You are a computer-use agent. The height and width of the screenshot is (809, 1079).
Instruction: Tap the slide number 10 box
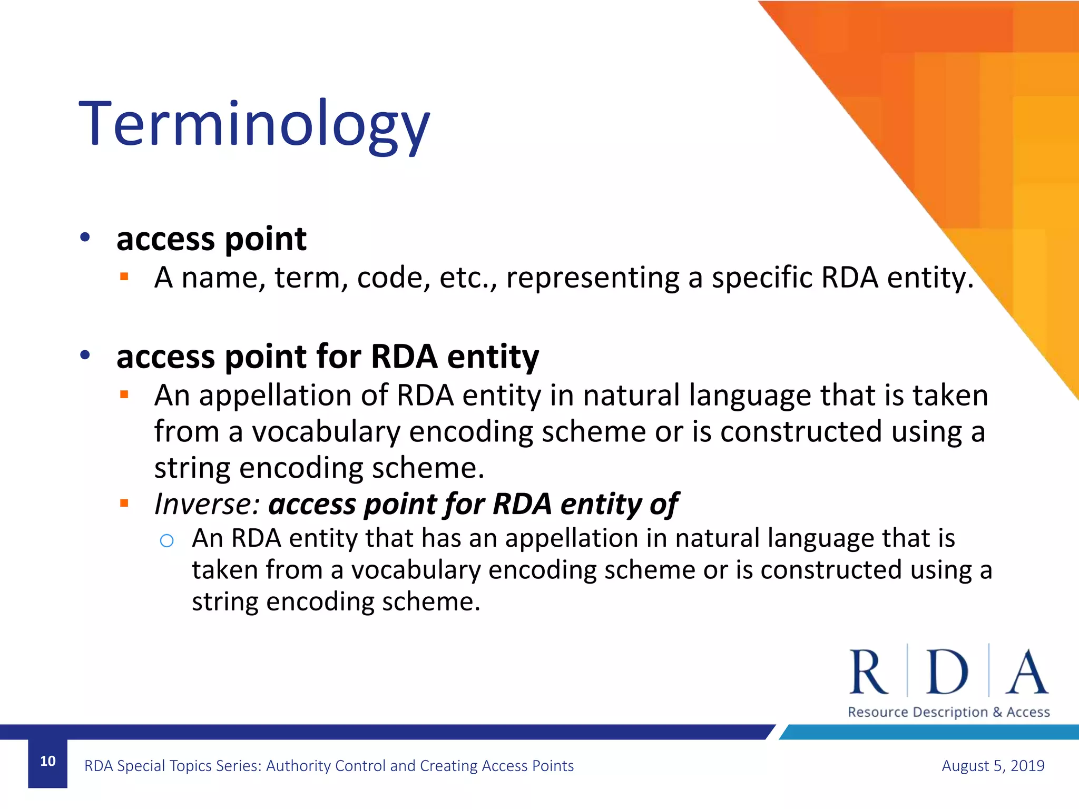coord(47,762)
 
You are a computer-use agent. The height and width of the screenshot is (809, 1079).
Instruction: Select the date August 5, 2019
coord(993,765)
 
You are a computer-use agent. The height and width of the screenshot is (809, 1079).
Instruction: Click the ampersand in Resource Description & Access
coord(997,712)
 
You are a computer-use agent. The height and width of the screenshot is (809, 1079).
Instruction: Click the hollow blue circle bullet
coord(166,540)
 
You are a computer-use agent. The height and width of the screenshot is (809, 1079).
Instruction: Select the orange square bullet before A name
coord(124,277)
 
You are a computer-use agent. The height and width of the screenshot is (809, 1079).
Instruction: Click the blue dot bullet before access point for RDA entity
coord(85,356)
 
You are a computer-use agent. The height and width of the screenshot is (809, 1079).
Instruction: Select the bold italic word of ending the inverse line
coord(663,504)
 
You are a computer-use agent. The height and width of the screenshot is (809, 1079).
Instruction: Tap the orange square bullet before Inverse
coord(124,504)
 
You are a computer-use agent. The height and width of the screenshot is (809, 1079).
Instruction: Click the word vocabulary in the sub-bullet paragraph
coord(415,570)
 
